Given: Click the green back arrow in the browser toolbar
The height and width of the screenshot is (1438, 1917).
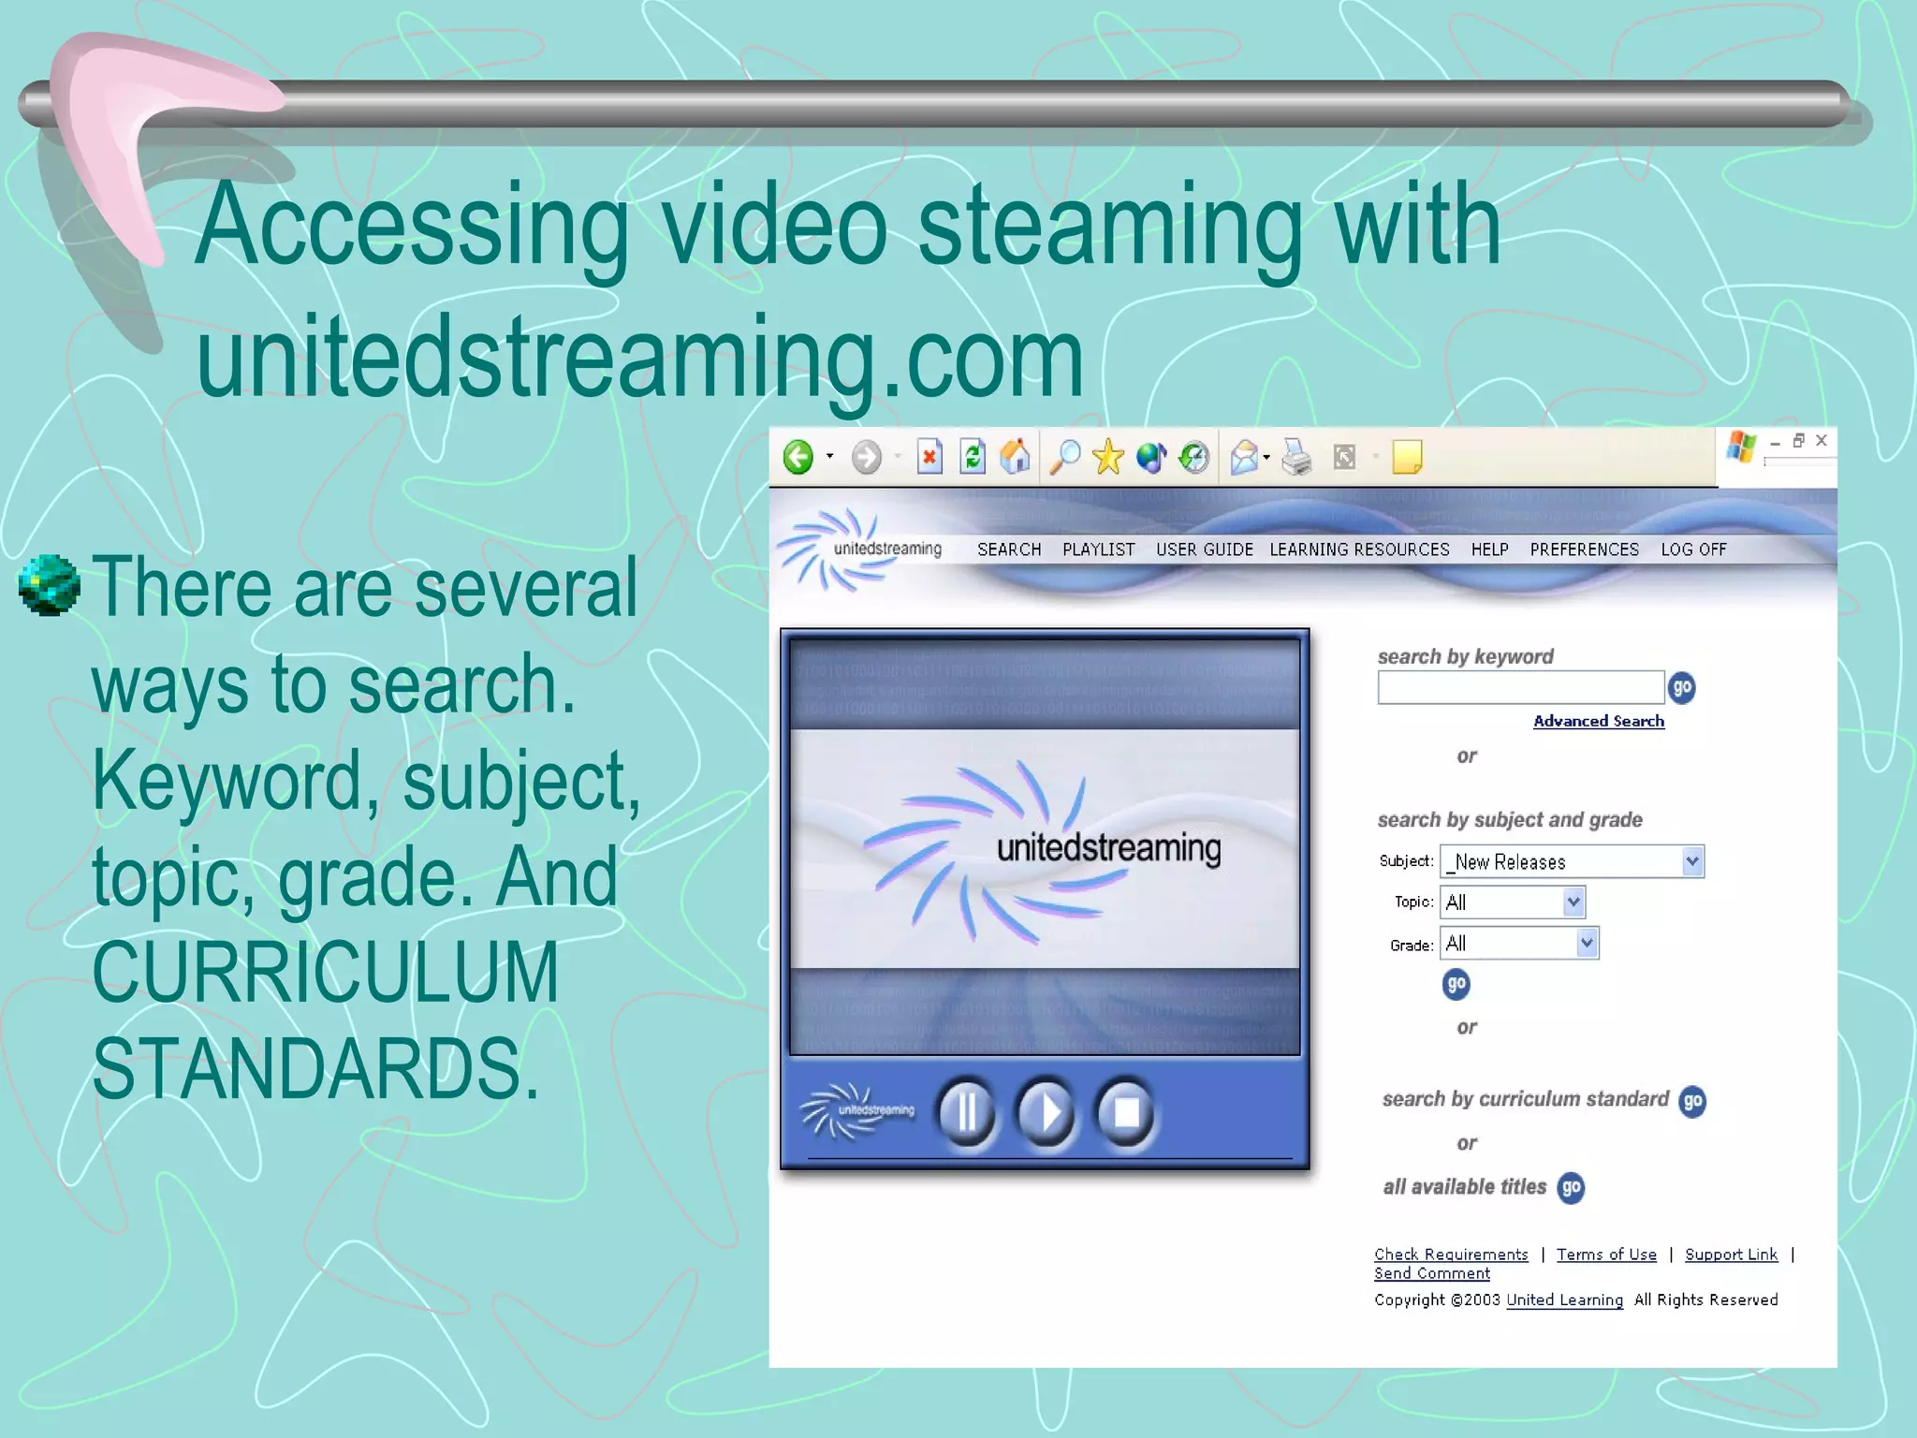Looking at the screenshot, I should pos(798,457).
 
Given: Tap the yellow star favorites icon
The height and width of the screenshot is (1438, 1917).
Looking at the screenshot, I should pos(1107,457).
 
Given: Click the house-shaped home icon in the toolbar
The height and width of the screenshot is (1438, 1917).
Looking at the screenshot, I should pos(1015,457).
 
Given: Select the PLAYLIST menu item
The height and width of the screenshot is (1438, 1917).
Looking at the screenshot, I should pos(1098,550).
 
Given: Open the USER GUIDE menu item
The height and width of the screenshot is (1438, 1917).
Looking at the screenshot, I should pos(1204,550).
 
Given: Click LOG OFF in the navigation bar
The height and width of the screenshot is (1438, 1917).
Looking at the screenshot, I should pos(1693,550).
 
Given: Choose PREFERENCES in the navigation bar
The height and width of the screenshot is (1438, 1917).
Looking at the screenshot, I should pos(1584,550).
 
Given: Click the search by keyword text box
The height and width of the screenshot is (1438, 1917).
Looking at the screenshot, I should pos(1520,688).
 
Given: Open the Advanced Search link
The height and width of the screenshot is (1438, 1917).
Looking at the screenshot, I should pos(1598,721).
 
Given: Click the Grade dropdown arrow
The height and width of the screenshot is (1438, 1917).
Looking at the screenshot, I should pos(1587,943).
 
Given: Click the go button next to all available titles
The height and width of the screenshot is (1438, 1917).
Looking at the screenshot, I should pos(1571,1187).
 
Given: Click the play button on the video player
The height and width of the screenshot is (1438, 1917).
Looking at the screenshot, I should pos(1046,1113).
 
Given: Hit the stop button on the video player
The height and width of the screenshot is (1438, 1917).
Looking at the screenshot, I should pos(1126,1113).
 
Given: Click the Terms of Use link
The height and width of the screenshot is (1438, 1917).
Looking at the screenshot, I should pos(1606,1255).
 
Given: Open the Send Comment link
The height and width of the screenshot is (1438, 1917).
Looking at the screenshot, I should pos(1431,1273).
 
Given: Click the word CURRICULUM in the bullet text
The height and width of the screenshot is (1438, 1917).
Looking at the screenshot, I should pos(326,973).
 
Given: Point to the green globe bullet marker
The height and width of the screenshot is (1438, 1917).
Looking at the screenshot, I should pos(49,585).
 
